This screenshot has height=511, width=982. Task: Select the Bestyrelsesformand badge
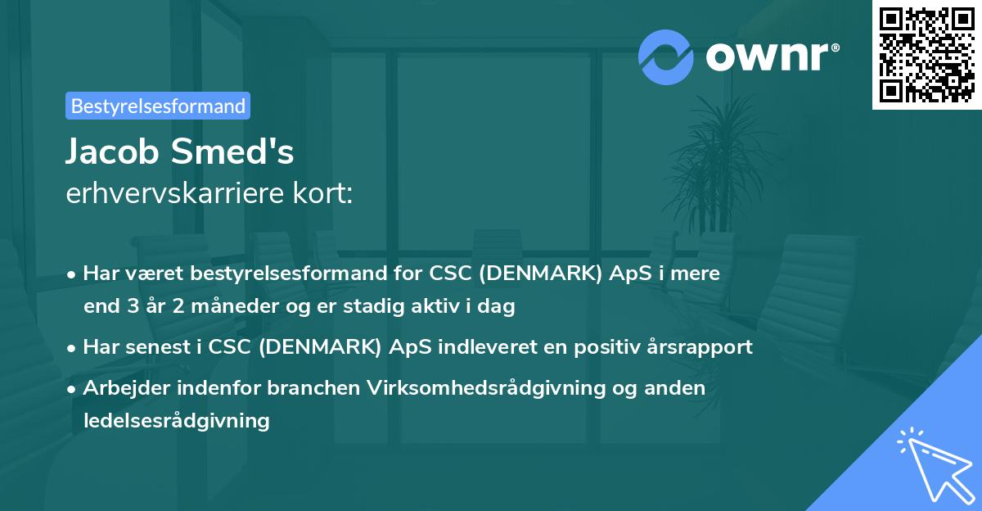pos(158,106)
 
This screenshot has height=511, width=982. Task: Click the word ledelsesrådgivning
pos(176,421)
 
